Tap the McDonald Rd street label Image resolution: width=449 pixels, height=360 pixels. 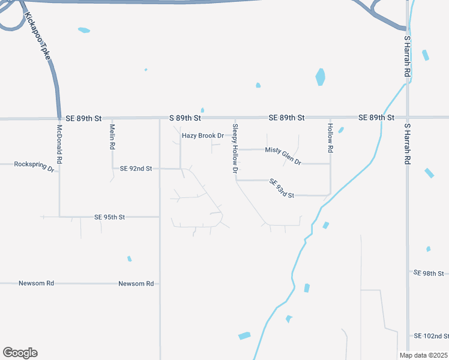pyautogui.click(x=59, y=145)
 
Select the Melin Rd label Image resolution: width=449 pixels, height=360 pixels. pyautogui.click(x=112, y=137)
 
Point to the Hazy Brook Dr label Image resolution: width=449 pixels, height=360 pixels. pyautogui.click(x=203, y=136)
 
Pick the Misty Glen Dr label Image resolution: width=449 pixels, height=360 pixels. pyautogui.click(x=283, y=155)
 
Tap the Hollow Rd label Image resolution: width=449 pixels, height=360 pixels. pyautogui.click(x=330, y=137)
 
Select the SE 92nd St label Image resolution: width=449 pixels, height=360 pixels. pyautogui.click(x=136, y=169)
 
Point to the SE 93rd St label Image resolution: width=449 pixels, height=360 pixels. pyautogui.click(x=281, y=188)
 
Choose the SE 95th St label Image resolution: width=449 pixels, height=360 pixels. pyautogui.click(x=109, y=217)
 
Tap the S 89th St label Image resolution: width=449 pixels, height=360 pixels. pyautogui.click(x=184, y=118)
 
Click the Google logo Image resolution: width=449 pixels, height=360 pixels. pyautogui.click(x=20, y=352)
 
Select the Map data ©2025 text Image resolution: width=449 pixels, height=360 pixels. pyautogui.click(x=423, y=355)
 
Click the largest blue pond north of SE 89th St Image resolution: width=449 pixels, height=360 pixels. pyautogui.click(x=321, y=77)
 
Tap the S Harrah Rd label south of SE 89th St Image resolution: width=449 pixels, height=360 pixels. pyautogui.click(x=407, y=145)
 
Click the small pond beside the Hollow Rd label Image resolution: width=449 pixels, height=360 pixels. pyautogui.click(x=341, y=130)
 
